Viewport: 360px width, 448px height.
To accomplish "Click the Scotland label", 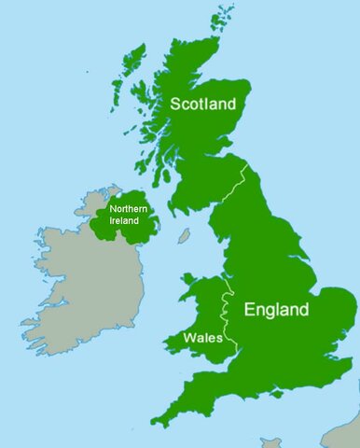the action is tap(203, 105).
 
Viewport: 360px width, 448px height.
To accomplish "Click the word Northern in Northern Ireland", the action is tap(129, 210).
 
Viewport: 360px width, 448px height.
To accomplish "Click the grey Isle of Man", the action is tap(185, 237).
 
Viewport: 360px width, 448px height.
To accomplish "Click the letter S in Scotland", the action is tap(175, 105).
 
